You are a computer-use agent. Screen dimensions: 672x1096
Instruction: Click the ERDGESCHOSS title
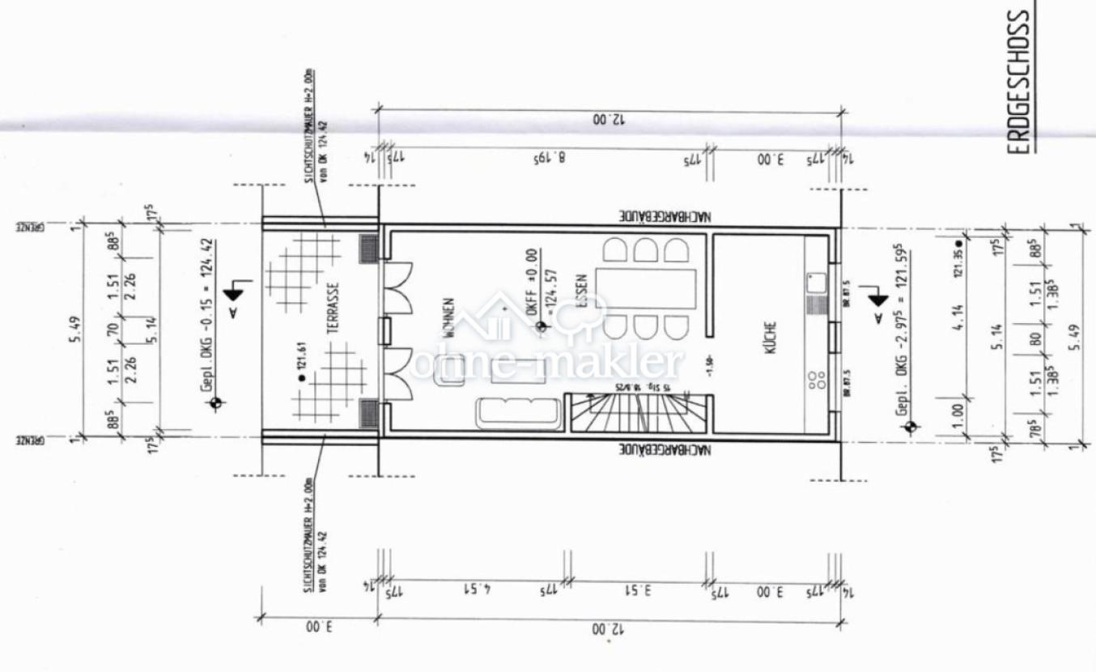(x=1022, y=81)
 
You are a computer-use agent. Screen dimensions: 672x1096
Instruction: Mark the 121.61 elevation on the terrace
(x=304, y=376)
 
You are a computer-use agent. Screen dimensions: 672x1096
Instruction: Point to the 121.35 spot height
(x=958, y=262)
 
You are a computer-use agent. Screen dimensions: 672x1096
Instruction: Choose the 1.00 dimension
(x=959, y=410)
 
